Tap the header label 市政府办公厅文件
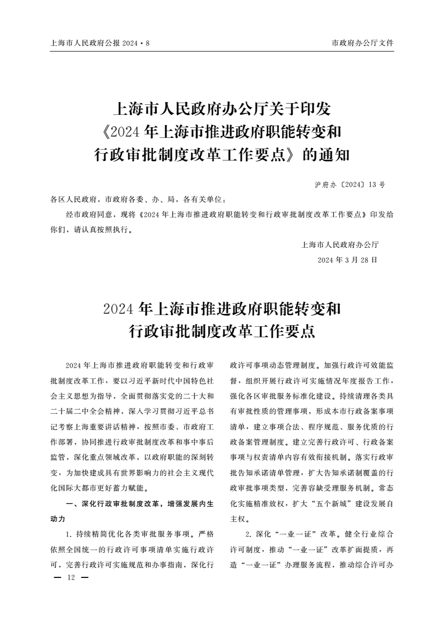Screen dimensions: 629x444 pos(363,43)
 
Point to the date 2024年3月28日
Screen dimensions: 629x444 pos(347,260)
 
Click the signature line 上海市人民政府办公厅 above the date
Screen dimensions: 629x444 pos(340,244)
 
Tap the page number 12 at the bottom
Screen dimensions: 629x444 pos(71,577)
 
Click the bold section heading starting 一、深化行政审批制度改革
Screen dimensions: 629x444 pos(139,504)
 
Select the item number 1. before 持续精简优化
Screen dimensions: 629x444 pos(69,533)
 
